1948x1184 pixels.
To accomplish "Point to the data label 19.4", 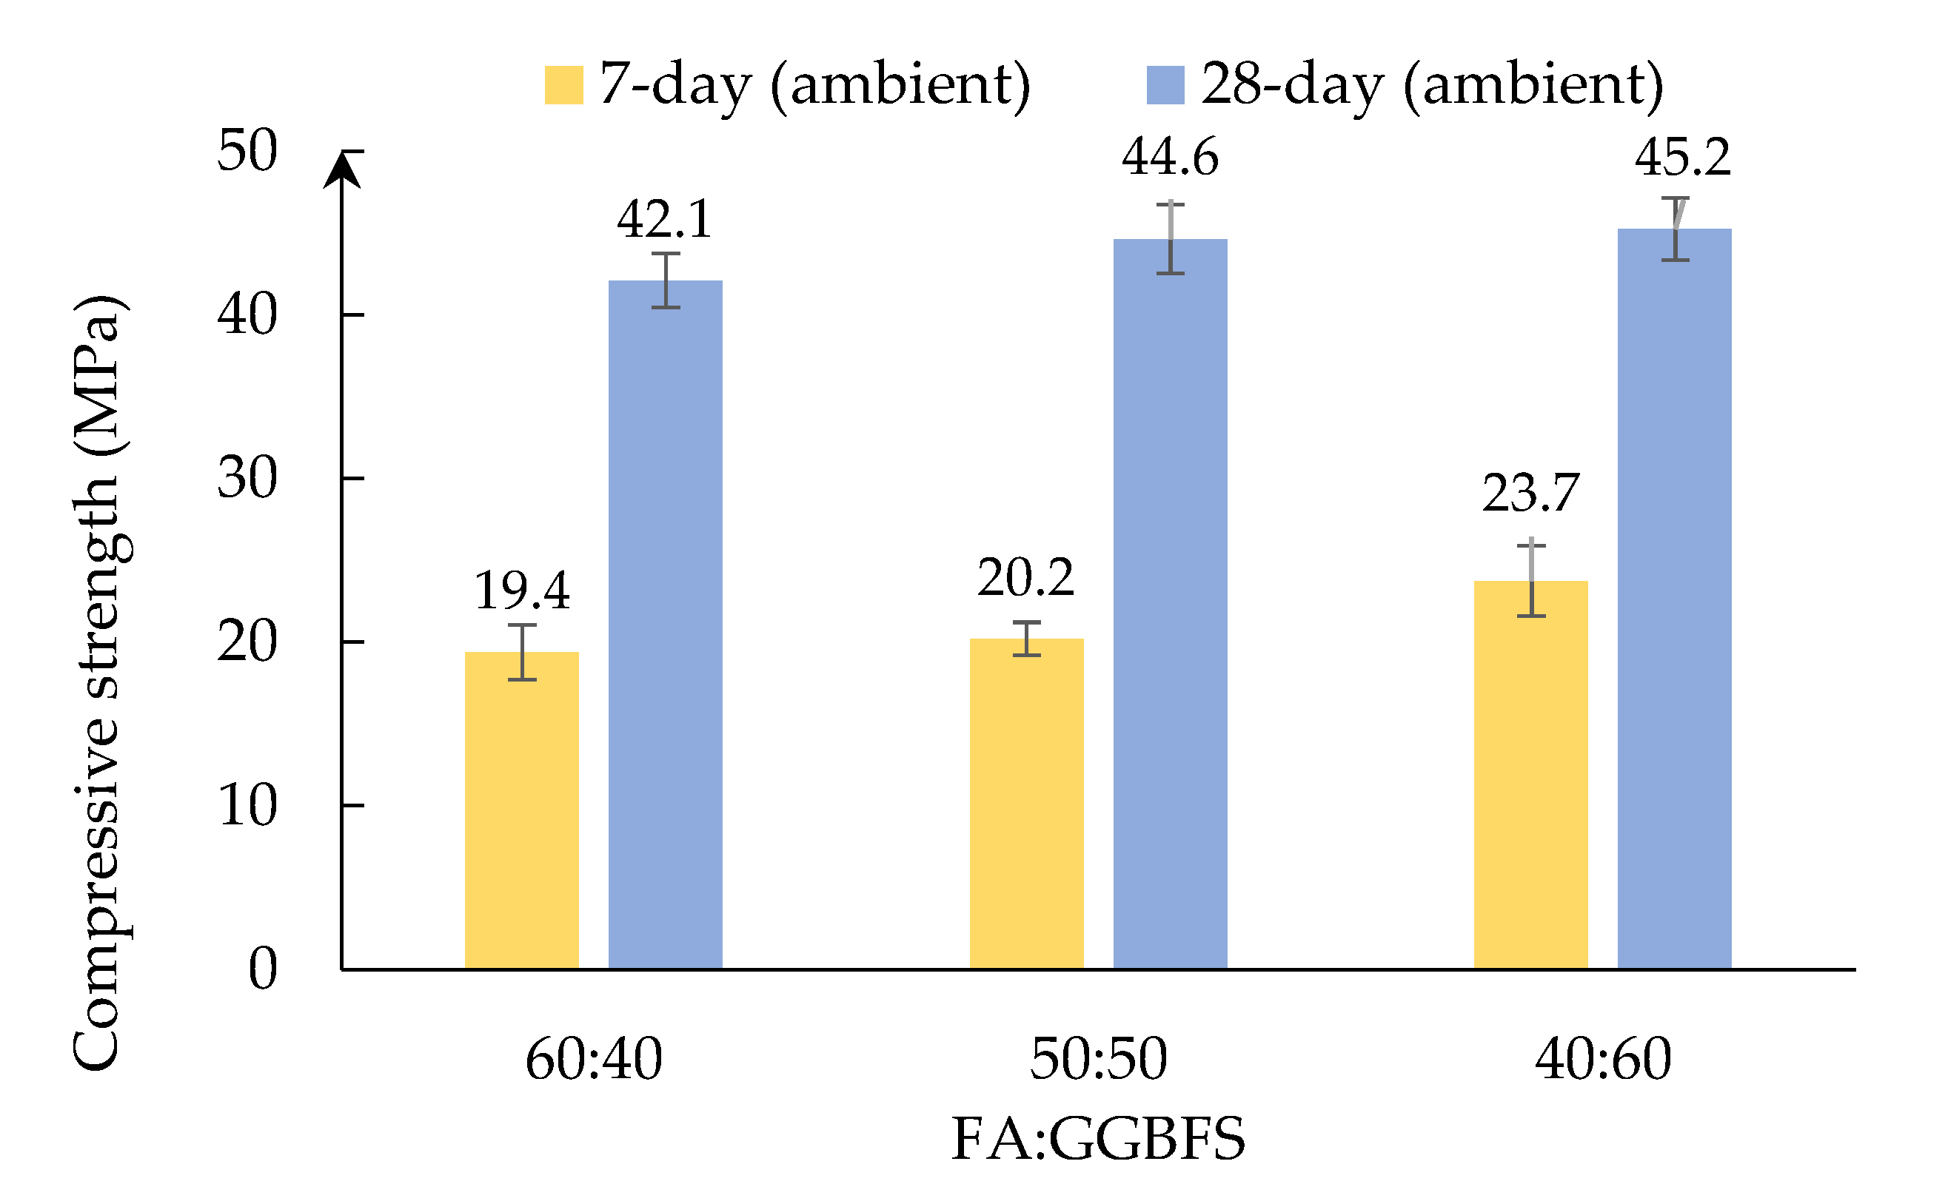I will pyautogui.click(x=522, y=591).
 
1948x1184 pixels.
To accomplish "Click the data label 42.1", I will pyautogui.click(x=665, y=219).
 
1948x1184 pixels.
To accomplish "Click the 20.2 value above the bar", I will pyautogui.click(x=1026, y=578).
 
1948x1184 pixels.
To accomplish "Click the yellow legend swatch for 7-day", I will pyautogui.click(x=563, y=84).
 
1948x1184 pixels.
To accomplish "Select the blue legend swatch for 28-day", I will pyautogui.click(x=1165, y=84).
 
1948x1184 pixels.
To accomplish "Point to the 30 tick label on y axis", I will pyautogui.click(x=247, y=478).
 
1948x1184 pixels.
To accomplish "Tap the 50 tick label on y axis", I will pyautogui.click(x=247, y=150).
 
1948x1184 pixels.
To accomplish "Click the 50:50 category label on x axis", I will pyautogui.click(x=1098, y=1059).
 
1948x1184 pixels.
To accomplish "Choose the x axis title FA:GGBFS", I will pyautogui.click(x=1098, y=1139).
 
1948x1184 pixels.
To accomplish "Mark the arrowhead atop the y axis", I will pyautogui.click(x=341, y=170).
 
